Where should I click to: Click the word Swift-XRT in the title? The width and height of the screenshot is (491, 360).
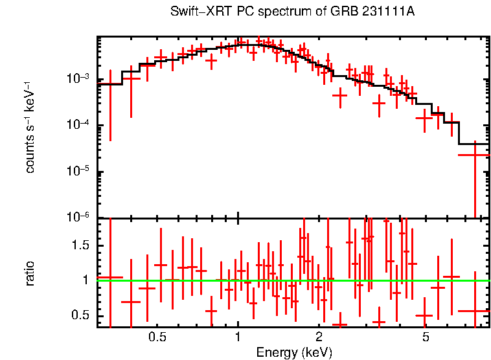194,12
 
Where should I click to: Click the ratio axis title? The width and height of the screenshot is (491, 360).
30,273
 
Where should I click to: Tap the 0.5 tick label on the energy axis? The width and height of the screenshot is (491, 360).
157,337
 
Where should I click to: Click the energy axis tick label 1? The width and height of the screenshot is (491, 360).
238,337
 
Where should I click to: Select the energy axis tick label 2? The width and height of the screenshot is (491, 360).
319,337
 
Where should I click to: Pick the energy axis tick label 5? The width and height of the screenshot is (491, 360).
426,337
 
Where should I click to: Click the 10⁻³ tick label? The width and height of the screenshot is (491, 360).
81,78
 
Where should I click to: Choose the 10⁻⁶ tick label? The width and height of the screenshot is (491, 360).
81,218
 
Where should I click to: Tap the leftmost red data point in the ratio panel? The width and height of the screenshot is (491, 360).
110,277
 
